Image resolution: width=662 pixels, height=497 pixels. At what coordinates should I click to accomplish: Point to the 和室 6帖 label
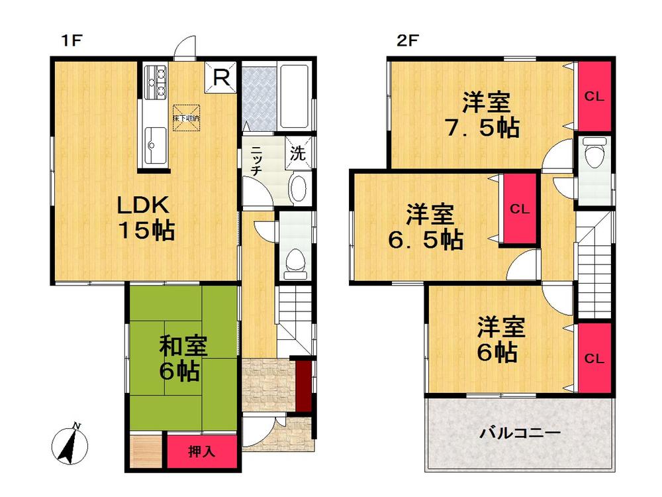[183, 359]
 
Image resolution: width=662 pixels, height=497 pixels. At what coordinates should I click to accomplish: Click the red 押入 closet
[201, 453]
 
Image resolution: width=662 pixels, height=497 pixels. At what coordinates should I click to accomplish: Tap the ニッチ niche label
[255, 160]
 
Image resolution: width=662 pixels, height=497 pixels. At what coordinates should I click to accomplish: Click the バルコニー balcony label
[520, 433]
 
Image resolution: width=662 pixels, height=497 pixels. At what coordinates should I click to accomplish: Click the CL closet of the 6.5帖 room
[519, 209]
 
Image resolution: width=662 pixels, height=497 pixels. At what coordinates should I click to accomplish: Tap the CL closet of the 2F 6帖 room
[594, 359]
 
